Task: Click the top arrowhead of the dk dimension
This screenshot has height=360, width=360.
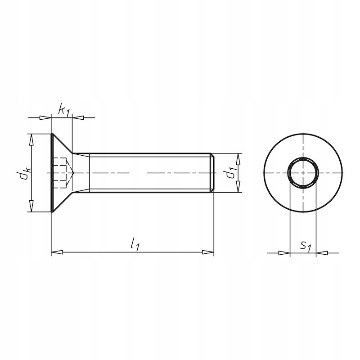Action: (31, 139)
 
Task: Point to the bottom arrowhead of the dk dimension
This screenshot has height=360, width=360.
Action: (31, 207)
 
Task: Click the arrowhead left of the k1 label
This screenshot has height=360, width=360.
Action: (46, 118)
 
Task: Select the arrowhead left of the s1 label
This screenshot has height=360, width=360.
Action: (284, 253)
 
